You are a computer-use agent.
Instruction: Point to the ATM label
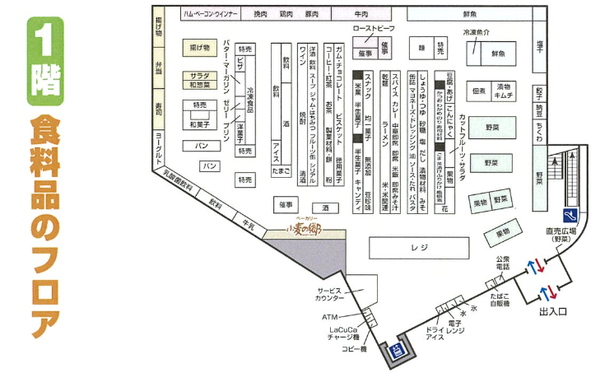330,316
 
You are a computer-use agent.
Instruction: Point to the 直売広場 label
559,235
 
